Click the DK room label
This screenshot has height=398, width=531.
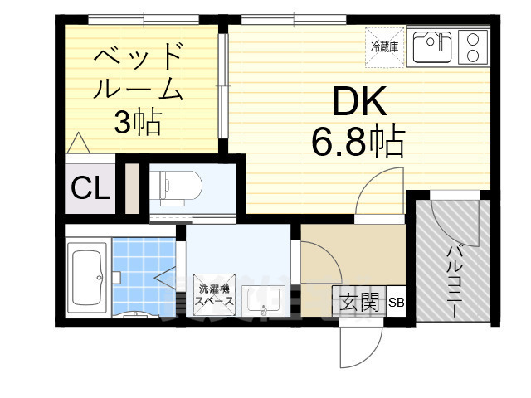coord(360,102)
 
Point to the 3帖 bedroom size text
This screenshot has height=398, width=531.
coord(137,124)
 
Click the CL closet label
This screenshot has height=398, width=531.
coord(89,189)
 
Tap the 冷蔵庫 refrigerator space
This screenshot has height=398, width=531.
coord(384,47)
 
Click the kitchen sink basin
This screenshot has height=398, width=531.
coord(431,47)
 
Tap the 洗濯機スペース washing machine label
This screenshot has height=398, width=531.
coord(215,296)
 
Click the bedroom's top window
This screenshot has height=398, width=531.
coord(142,17)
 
